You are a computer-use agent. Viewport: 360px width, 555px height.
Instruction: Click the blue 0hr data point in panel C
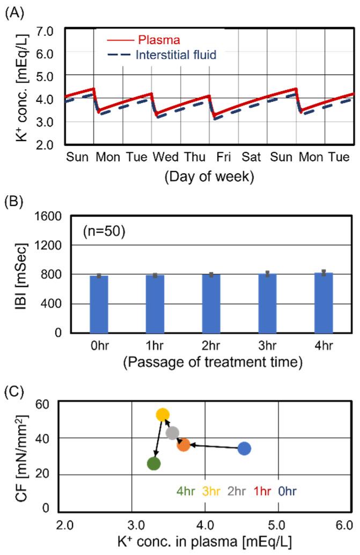pyautogui.click(x=244, y=448)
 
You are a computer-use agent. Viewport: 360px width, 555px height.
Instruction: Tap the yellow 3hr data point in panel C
pyautogui.click(x=163, y=415)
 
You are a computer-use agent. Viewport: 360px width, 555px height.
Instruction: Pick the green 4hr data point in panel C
pyautogui.click(x=154, y=464)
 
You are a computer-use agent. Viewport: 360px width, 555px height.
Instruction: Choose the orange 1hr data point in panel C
pyautogui.click(x=183, y=445)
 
